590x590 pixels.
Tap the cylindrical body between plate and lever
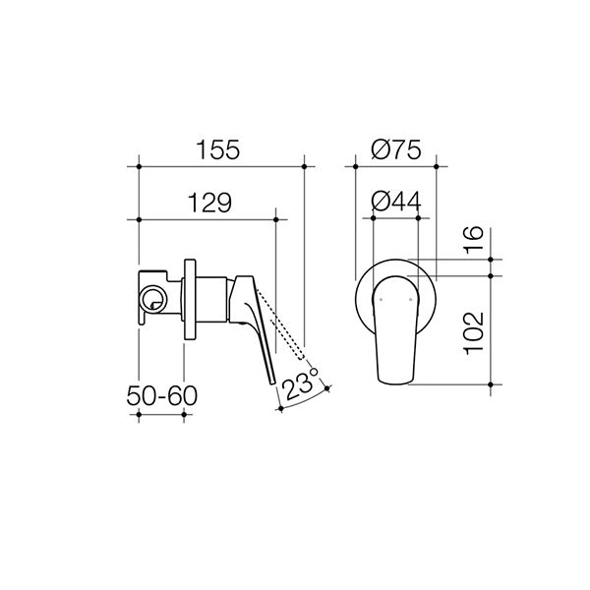pos(211,298)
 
